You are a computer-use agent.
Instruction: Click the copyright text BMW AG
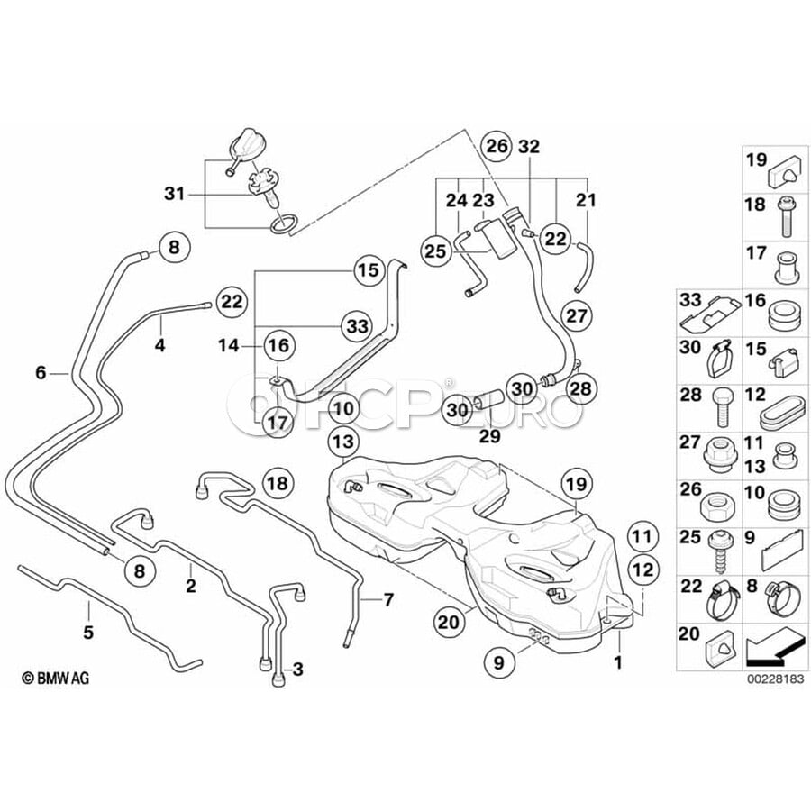point(55,678)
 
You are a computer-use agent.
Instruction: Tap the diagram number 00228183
point(776,679)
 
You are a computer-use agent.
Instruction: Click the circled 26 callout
point(497,146)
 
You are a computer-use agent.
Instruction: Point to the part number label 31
point(174,194)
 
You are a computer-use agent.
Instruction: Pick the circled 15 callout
point(369,270)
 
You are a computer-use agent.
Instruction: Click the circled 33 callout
point(358,326)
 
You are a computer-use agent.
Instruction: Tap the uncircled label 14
point(228,345)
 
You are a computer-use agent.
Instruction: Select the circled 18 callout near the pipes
point(278,484)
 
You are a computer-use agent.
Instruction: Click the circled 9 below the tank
point(498,662)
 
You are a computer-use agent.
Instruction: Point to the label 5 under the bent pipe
point(88,632)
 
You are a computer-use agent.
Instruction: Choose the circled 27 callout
point(576,315)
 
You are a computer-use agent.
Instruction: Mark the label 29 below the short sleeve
point(489,436)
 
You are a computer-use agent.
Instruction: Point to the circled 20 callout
point(448,622)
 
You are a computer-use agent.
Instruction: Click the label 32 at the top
point(529,147)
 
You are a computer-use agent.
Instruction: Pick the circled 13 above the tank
point(343,442)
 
